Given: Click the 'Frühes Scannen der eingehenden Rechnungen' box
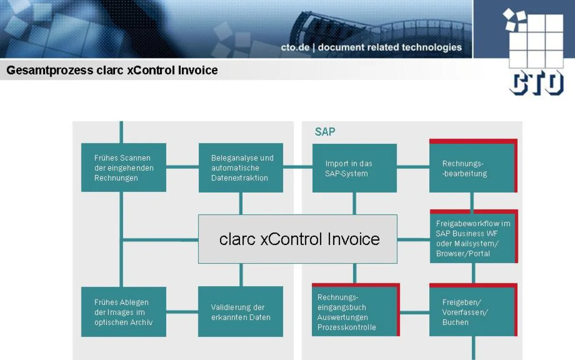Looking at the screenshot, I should click(124, 167).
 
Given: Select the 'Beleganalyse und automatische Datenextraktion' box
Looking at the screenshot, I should click(241, 167).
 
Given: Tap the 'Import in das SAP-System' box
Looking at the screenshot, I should click(354, 168).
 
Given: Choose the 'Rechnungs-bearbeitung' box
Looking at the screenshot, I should click(471, 168).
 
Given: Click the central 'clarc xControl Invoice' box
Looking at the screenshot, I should click(298, 239).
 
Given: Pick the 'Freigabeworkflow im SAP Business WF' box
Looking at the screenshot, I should click(472, 238).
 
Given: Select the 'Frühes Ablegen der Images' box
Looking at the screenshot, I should click(124, 312).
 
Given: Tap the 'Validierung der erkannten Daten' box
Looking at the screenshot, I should click(241, 312).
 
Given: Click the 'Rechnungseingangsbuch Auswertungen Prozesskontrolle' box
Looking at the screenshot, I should click(354, 312).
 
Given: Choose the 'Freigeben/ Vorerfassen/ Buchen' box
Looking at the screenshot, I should click(471, 312).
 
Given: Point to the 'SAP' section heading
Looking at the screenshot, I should click(325, 131).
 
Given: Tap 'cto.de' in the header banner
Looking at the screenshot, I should click(295, 47).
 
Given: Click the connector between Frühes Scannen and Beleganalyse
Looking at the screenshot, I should click(183, 167).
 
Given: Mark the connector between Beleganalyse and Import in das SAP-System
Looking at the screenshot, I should click(298, 167).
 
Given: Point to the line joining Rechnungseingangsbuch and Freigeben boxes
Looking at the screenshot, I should click(414, 313).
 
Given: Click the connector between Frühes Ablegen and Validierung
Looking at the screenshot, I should click(183, 312).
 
